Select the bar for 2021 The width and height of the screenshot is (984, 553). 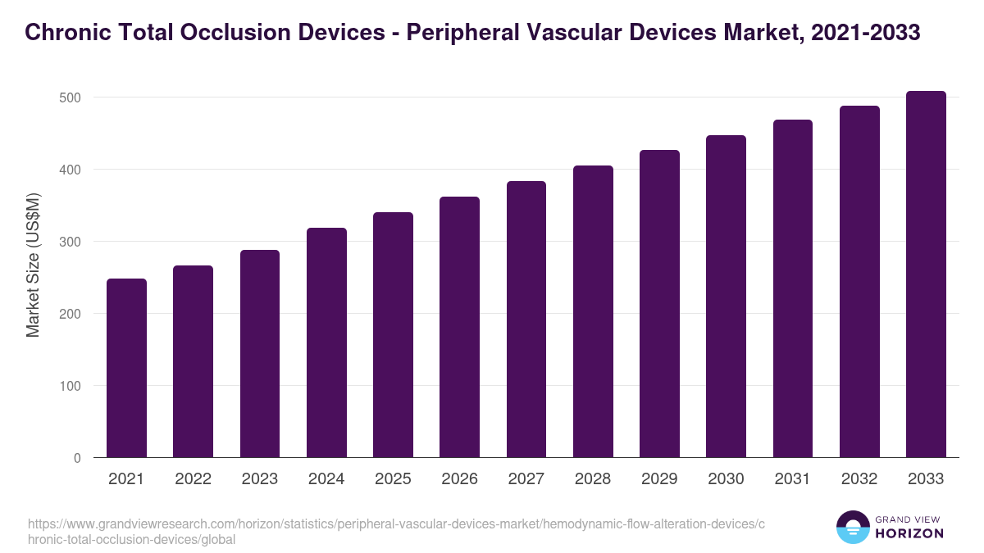126,369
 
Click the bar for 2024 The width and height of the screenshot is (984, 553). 326,344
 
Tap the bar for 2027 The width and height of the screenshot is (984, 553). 526,320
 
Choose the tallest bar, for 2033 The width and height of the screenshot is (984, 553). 926,274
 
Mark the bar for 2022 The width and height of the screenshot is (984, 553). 193,360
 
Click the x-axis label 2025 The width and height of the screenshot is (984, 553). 393,479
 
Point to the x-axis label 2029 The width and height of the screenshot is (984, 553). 659,479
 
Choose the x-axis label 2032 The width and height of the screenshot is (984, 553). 859,479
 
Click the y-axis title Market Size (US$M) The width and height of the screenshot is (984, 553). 33,265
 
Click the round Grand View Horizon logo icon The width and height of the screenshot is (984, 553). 852,527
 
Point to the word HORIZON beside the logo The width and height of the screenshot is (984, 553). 910,533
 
